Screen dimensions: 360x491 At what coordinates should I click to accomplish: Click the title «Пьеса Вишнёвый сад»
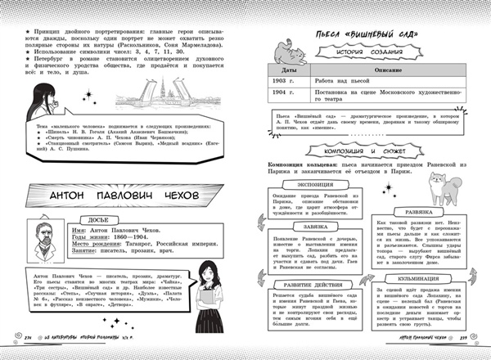coord(365,37)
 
